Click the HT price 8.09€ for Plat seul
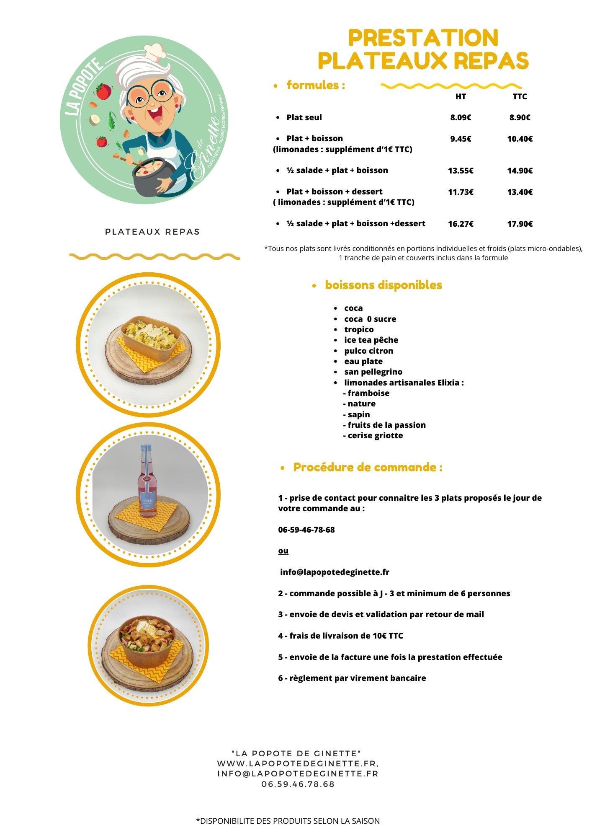tap(461, 118)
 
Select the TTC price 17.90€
tap(520, 224)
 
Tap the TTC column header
tap(520, 96)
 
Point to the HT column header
tap(461, 96)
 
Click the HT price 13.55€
tap(461, 171)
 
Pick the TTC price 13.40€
tap(520, 192)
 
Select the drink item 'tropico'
tap(359, 329)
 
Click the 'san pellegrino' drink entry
tap(373, 372)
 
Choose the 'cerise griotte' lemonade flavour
tap(375, 435)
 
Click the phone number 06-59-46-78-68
tap(306, 530)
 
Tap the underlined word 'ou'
tap(283, 551)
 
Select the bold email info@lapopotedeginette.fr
tap(335, 572)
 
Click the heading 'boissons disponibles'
tap(383, 285)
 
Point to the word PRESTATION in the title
tap(423, 38)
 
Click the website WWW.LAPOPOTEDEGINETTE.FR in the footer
tap(297, 764)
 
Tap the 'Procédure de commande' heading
tap(368, 467)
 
